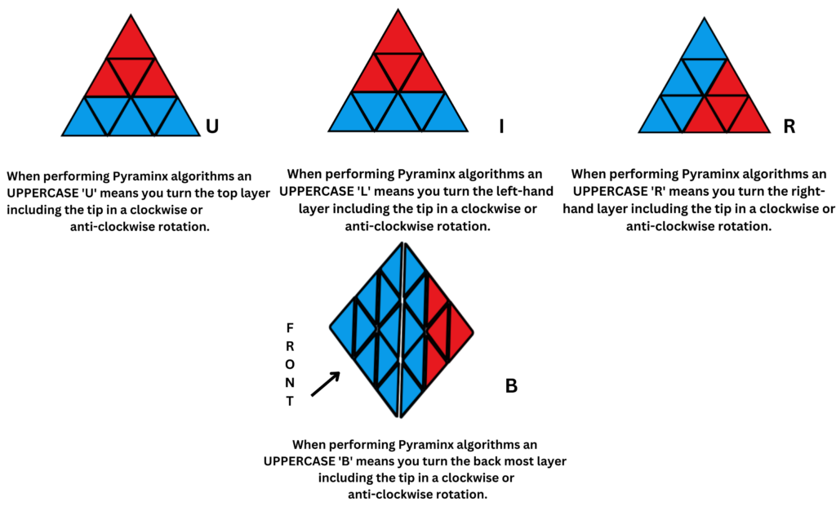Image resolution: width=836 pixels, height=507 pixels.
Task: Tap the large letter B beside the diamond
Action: pyautogui.click(x=512, y=385)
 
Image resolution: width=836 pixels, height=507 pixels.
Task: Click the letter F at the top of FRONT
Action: pyautogui.click(x=289, y=327)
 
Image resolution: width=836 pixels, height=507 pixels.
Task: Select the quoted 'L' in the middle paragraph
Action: pyautogui.click(x=360, y=191)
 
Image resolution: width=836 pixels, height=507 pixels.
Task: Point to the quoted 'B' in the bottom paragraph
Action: pyautogui.click(x=342, y=461)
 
